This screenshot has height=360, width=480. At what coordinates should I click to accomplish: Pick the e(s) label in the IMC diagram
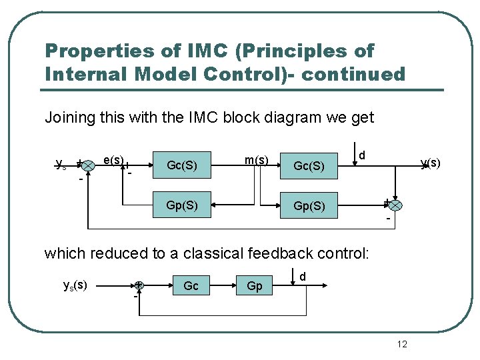click(x=113, y=160)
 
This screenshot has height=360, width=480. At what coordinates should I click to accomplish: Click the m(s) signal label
click(x=257, y=160)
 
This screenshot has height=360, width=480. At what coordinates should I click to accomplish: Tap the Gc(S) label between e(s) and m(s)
click(x=182, y=165)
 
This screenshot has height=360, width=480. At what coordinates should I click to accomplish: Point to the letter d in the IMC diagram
click(x=361, y=155)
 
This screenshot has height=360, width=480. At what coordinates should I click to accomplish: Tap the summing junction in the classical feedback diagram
click(x=139, y=285)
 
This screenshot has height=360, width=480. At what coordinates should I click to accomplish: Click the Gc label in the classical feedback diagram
click(x=191, y=286)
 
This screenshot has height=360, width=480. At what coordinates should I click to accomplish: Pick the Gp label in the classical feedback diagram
click(x=255, y=286)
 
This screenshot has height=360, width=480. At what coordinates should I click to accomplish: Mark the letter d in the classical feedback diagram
click(x=302, y=276)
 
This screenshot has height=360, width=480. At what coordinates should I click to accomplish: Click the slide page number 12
click(x=402, y=344)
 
